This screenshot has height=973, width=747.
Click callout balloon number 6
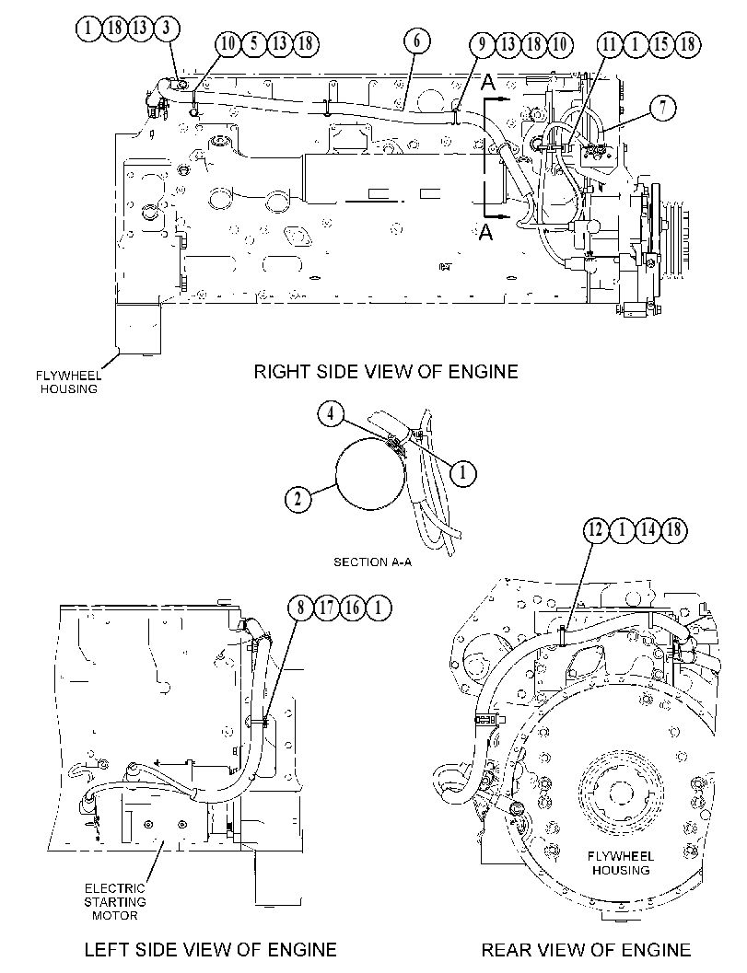[x=416, y=41]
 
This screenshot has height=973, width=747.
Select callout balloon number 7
[x=663, y=108]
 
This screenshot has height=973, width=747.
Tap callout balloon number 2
[x=298, y=498]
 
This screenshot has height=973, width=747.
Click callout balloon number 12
[x=596, y=529]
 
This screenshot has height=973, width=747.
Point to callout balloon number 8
[x=301, y=607]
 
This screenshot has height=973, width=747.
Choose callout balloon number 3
[x=166, y=28]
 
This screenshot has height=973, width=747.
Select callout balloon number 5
[x=254, y=43]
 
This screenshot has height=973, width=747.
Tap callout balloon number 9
[x=481, y=43]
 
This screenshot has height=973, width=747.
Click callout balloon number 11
[x=609, y=43]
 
